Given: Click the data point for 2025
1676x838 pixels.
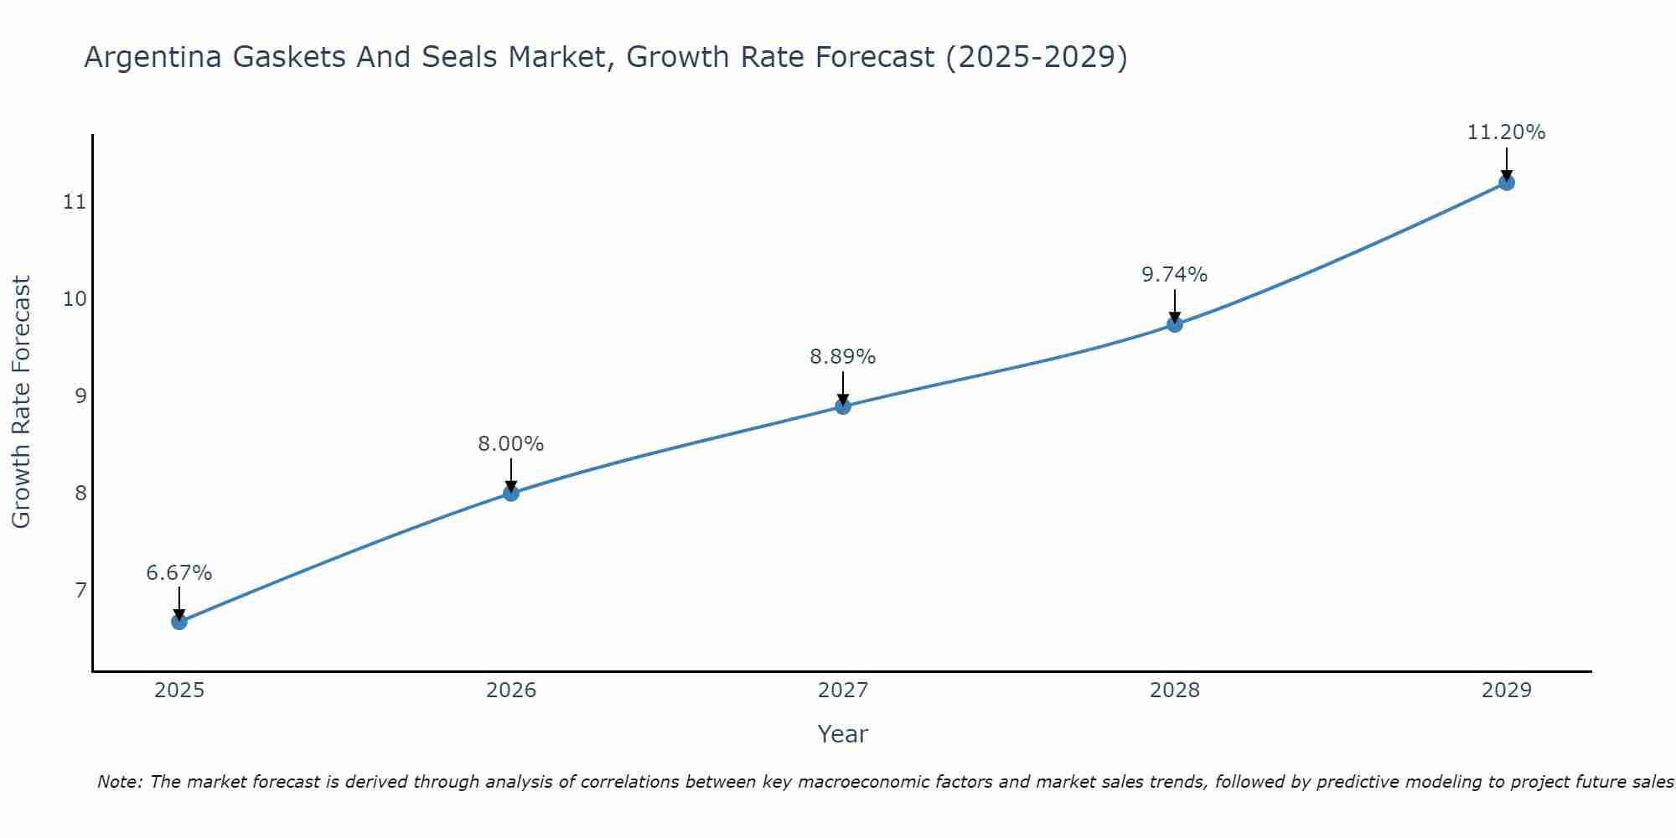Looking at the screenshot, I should point(179,622).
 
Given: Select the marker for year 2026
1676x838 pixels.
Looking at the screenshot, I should point(511,493).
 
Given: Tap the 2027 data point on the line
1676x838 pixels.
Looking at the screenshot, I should point(843,406).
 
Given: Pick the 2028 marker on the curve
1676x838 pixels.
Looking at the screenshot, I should point(1175,324).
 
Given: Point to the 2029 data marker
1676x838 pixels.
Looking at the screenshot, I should point(1506,183).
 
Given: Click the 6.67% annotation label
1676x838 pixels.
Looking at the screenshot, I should point(179,573).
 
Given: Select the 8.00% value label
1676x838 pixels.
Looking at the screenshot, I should point(511,444).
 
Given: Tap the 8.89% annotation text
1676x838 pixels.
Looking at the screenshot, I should point(843,357).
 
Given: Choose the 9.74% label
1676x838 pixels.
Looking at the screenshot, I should point(1175,275).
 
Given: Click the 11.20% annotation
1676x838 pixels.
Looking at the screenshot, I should point(1506,132).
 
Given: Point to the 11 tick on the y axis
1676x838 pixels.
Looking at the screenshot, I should point(75,202).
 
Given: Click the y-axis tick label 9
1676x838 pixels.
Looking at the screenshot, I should point(80,396).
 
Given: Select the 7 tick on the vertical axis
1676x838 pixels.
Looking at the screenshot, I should point(80,590).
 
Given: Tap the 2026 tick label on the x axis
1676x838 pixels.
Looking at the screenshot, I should point(511,691).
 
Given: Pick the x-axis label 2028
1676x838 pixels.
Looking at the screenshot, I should point(1175,691).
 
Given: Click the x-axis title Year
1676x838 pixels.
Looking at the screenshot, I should point(843,734).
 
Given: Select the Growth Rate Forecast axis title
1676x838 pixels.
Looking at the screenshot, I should point(22,402).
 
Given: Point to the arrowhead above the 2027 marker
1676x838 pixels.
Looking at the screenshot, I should point(843,400).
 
